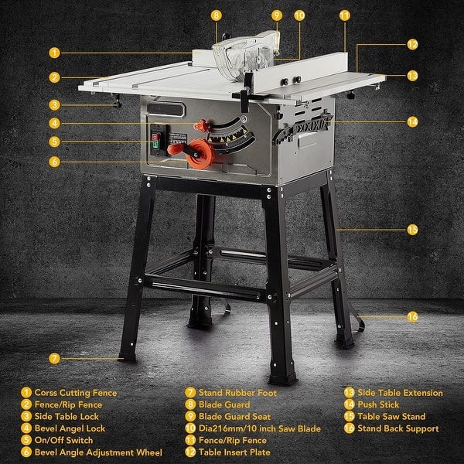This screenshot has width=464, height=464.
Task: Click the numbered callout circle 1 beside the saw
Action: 54,53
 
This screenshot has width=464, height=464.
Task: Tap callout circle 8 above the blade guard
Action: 216,15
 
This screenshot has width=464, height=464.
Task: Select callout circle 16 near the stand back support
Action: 412,316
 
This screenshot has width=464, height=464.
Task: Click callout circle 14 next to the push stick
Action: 412,121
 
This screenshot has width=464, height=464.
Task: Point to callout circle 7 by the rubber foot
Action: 54,359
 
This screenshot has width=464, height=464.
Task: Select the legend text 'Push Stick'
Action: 379,404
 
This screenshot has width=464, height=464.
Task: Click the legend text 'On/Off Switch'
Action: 63,440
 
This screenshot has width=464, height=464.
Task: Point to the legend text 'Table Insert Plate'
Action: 236,452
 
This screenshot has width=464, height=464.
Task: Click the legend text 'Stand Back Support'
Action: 399,428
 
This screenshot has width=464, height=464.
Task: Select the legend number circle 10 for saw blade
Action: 189,428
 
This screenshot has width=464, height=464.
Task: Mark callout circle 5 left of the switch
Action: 54,142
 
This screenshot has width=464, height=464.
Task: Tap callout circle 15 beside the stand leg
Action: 412,230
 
